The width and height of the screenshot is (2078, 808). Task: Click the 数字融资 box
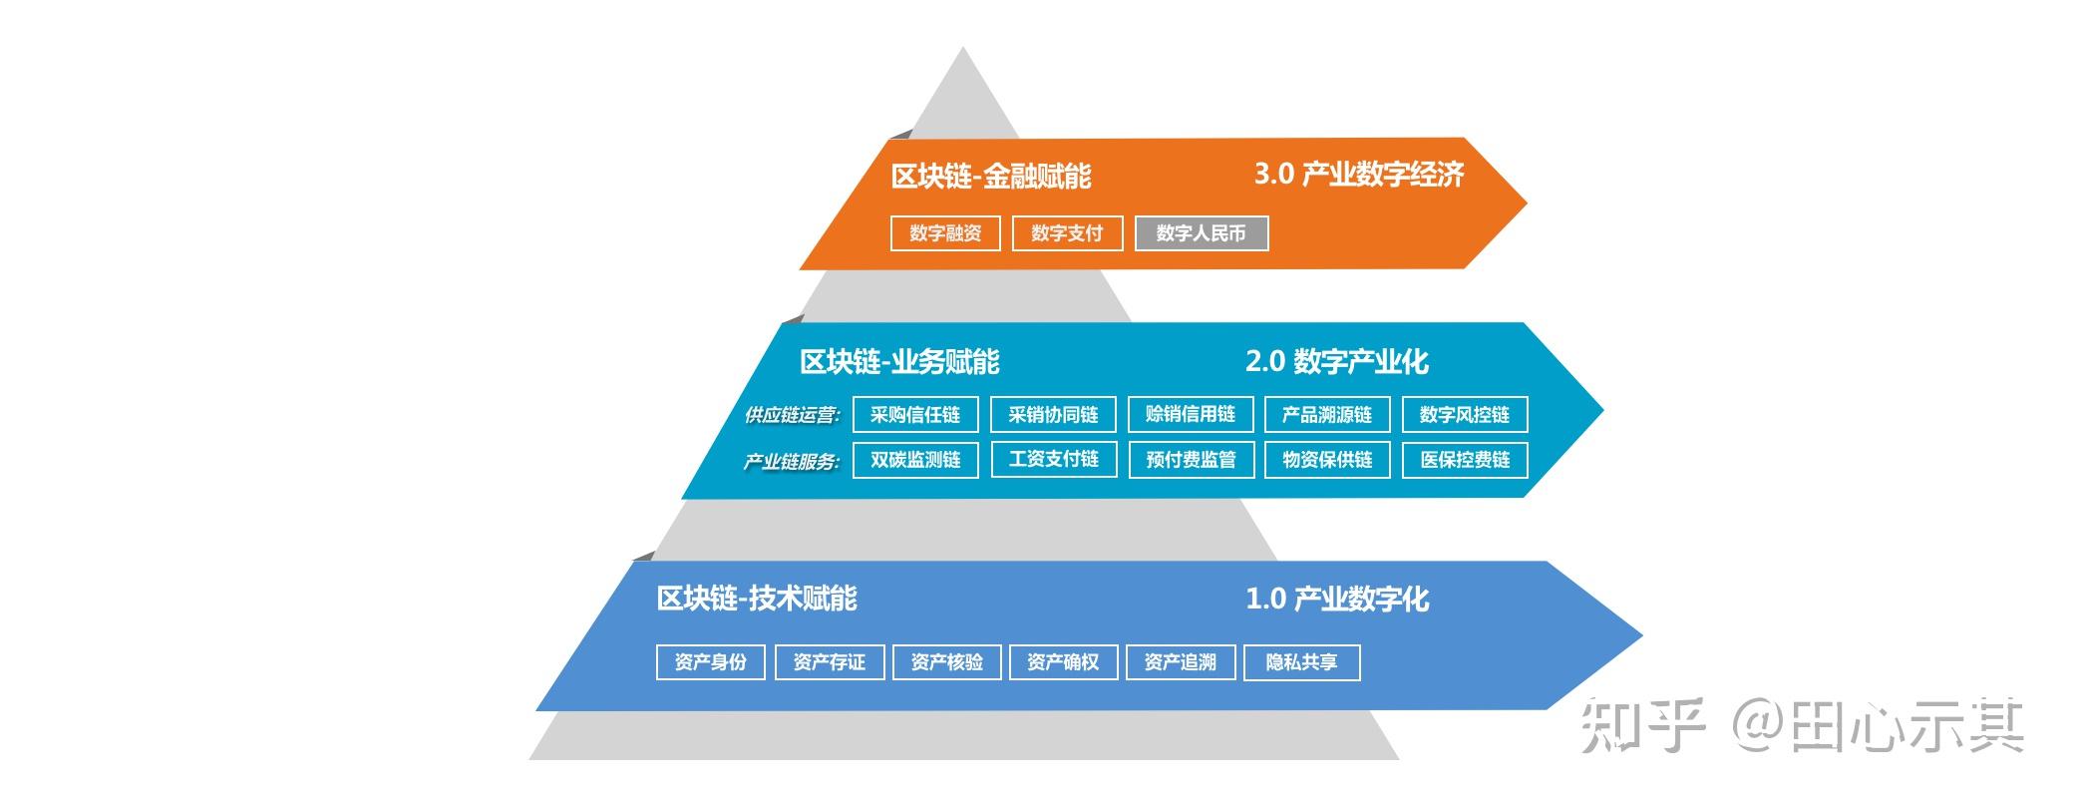click(x=945, y=233)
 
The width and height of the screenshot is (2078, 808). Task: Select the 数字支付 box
click(x=1067, y=233)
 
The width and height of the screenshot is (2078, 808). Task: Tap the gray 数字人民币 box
click(x=1202, y=233)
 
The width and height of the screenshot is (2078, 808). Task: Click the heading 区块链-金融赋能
click(x=991, y=177)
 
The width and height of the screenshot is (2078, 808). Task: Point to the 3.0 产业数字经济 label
click(x=1359, y=175)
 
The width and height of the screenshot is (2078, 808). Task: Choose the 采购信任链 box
click(x=915, y=415)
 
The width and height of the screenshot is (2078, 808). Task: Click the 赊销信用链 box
click(x=1191, y=415)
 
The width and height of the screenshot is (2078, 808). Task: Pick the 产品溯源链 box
click(x=1327, y=415)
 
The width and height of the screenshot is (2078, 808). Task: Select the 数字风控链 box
click(x=1465, y=415)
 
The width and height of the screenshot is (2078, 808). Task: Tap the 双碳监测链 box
click(x=915, y=460)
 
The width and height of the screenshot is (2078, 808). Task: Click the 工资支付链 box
click(x=1054, y=460)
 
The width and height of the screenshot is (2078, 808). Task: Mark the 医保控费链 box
click(x=1465, y=460)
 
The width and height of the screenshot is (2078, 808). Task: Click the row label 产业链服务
click(x=792, y=462)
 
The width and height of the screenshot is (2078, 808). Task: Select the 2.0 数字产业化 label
click(x=1337, y=361)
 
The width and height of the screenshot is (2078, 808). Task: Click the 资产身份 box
click(x=711, y=662)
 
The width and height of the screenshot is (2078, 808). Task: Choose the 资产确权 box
click(x=1063, y=662)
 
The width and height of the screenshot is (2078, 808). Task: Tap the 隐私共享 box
click(x=1302, y=662)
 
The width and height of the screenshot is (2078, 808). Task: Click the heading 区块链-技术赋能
click(x=757, y=599)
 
